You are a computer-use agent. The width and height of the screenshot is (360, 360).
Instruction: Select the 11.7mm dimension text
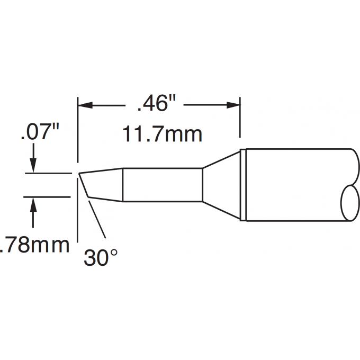pyautogui.click(x=163, y=134)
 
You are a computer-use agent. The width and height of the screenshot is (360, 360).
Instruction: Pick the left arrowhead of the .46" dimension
pyautogui.click(x=85, y=105)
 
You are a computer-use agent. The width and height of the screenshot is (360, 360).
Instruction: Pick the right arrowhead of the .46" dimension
pyautogui.click(x=234, y=105)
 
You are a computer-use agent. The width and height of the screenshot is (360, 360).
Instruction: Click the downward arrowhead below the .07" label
pyautogui.click(x=33, y=166)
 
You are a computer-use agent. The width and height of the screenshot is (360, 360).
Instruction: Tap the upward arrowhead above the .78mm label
pyautogui.click(x=33, y=203)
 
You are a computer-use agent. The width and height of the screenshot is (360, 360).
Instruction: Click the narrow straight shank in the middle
pyautogui.click(x=162, y=185)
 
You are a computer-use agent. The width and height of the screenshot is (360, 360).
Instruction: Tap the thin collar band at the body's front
pyautogui.click(x=244, y=185)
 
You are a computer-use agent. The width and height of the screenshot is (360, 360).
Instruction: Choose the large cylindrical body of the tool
pyautogui.click(x=296, y=185)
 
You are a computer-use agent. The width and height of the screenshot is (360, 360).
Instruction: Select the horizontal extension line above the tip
pyautogui.click(x=48, y=173)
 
